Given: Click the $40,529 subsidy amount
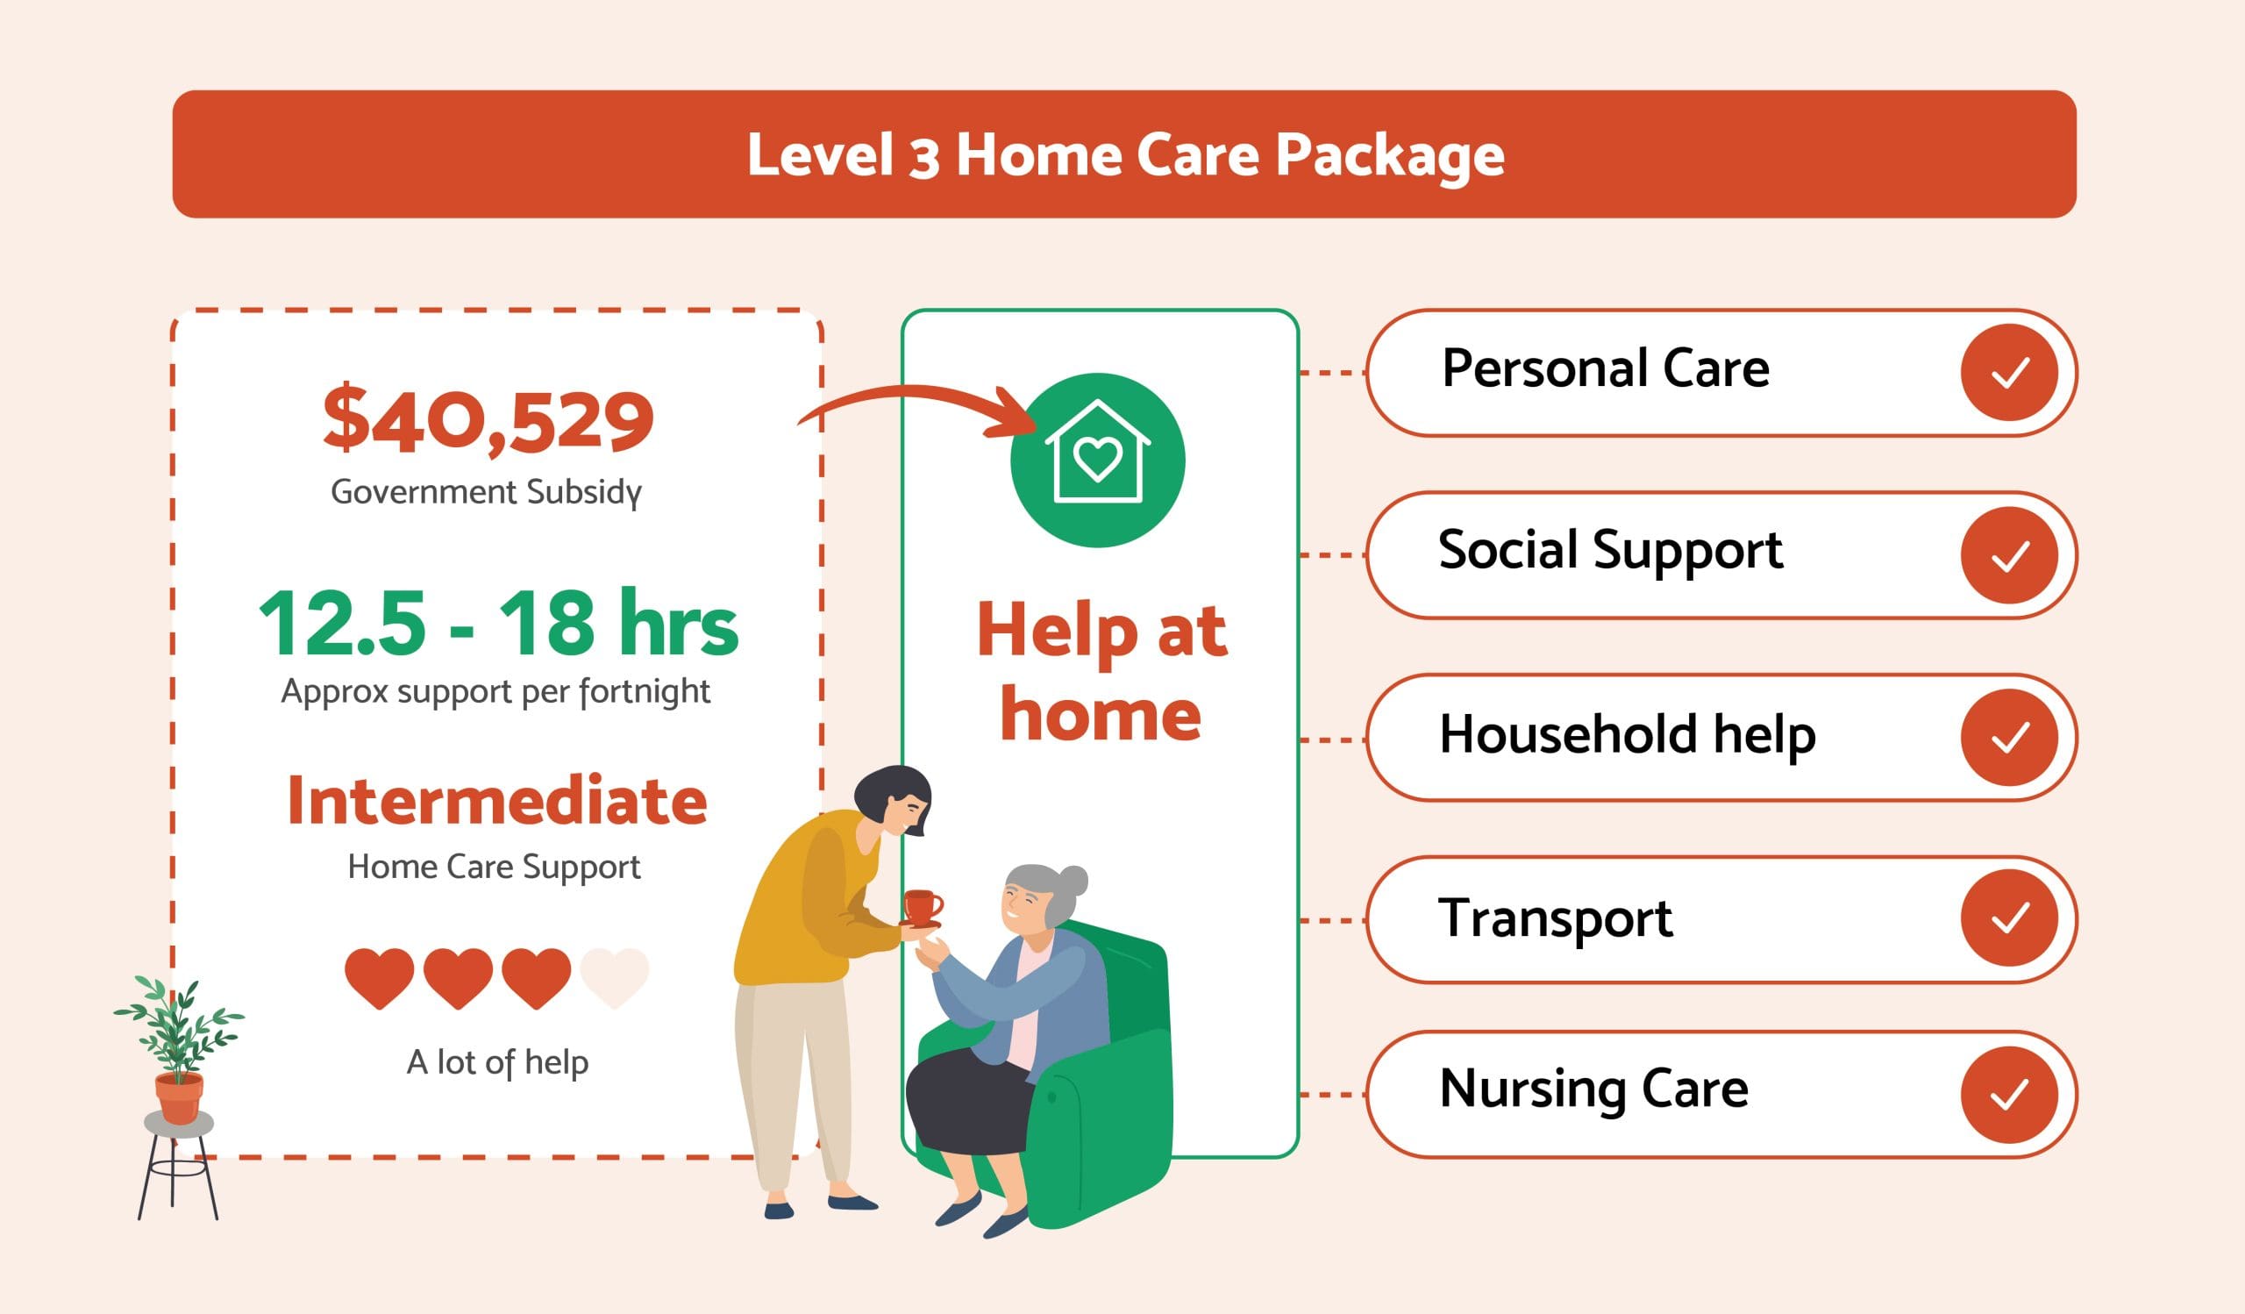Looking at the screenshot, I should [x=488, y=420].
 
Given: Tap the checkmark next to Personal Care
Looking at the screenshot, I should [x=2009, y=373].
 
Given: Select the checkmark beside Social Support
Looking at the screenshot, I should [x=2009, y=555].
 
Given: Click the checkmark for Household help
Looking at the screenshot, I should [x=2009, y=738].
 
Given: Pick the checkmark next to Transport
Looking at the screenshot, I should [x=2009, y=918].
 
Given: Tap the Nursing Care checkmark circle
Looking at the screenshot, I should [x=2009, y=1095].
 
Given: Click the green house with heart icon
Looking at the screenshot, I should [x=1098, y=460].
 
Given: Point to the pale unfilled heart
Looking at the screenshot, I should [x=614, y=977].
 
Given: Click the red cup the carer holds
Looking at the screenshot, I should [x=923, y=907].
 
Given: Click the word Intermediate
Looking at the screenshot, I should [x=497, y=802].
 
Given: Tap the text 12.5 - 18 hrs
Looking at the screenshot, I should [x=498, y=625].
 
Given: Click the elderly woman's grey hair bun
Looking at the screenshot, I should [x=1073, y=881].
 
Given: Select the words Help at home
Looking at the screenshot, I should [x=1101, y=673].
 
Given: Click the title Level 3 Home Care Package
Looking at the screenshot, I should [x=1125, y=155].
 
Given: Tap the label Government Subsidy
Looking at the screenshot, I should [x=487, y=492].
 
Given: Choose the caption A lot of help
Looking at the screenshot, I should [x=497, y=1062].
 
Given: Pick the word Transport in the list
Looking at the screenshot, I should [x=1556, y=918].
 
